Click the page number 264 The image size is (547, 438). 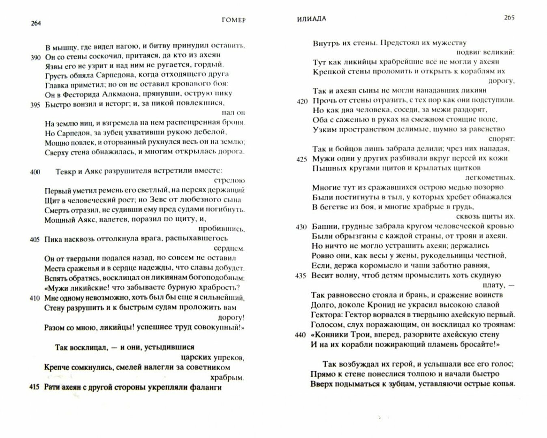(36, 23)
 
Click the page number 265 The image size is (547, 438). (509, 18)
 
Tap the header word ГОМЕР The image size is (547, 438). (234, 20)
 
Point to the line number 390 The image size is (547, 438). (35, 57)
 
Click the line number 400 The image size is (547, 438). (35, 172)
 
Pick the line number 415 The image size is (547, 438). (35, 387)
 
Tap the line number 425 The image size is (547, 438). (301, 159)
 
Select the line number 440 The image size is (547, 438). (301, 335)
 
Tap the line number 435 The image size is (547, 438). (301, 275)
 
